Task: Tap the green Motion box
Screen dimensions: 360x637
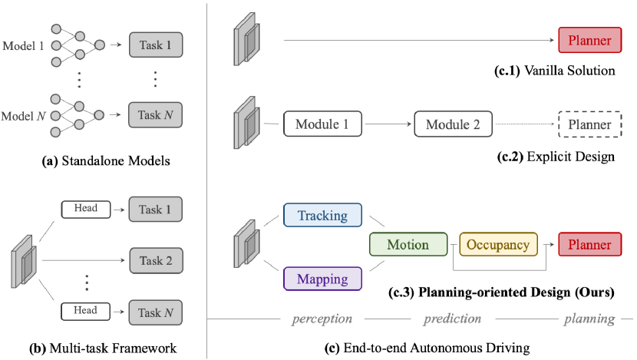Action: (408, 245)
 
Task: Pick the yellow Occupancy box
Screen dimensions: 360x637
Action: (500, 245)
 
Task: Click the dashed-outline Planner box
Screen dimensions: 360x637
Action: (589, 124)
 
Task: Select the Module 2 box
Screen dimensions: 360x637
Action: (454, 124)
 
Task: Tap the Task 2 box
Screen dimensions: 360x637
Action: (156, 261)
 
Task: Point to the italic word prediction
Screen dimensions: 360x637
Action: (453, 318)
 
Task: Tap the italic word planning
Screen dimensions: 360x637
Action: (589, 318)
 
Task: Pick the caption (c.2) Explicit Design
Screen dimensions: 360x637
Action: (556, 157)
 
